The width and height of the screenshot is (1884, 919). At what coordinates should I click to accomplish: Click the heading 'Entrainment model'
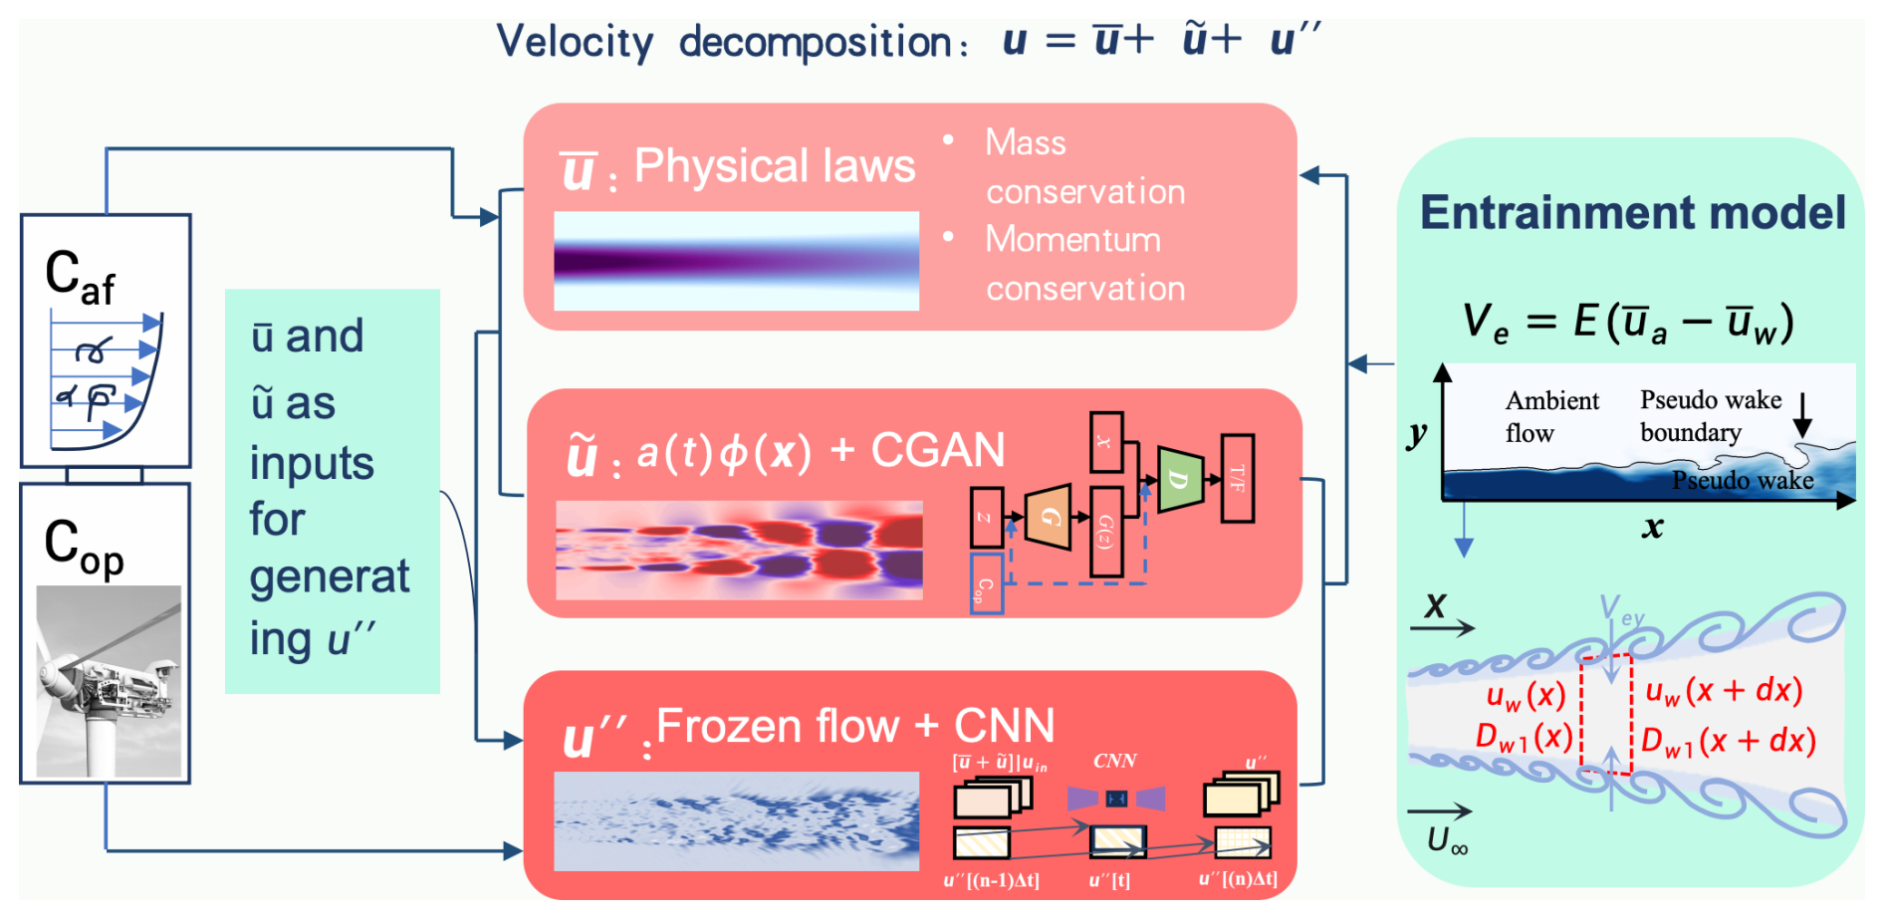1632,213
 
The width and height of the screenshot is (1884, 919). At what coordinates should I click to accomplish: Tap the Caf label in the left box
80,278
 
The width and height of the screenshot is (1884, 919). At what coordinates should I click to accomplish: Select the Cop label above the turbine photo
84,547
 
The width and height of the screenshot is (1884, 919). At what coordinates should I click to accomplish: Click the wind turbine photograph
109,681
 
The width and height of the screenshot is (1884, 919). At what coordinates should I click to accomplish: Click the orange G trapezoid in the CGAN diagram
1048,517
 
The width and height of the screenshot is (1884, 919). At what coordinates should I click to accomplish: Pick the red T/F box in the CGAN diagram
1237,478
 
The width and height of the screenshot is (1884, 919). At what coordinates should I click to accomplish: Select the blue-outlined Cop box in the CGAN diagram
986,583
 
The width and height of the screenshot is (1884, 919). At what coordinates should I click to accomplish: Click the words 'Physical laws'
774,166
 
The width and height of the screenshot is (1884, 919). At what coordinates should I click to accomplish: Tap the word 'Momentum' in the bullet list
1072,240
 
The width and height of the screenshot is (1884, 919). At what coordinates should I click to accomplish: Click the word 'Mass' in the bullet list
1025,143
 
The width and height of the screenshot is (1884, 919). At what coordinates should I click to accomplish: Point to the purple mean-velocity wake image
736,261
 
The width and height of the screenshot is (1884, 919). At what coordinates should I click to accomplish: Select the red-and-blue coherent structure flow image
739,551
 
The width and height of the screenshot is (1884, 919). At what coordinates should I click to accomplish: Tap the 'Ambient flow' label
1550,416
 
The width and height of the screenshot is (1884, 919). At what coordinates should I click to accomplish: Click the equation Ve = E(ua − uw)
1627,324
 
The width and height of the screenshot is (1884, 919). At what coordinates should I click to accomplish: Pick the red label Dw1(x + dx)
1728,742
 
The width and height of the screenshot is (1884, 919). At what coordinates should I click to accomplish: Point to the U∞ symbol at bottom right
1447,841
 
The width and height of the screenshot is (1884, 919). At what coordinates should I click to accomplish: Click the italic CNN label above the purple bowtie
1114,762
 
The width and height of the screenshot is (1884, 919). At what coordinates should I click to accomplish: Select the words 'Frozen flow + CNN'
854,727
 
